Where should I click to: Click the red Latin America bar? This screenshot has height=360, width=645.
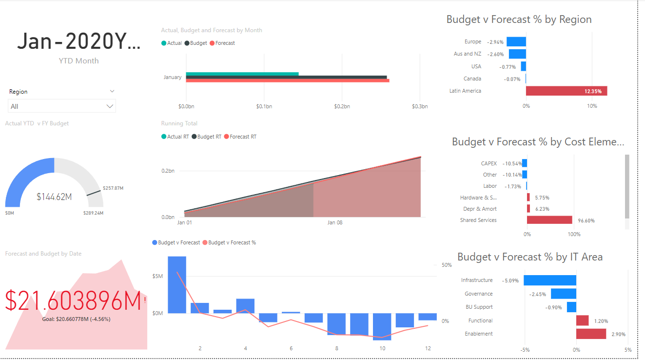566,91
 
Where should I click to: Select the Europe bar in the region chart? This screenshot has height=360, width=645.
516,42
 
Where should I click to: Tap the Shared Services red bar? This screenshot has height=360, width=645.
549,220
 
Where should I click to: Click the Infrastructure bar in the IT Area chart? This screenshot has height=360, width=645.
550,280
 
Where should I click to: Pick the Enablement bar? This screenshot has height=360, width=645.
591,334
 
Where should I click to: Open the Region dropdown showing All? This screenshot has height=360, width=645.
62,106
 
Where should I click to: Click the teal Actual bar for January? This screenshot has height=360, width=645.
242,74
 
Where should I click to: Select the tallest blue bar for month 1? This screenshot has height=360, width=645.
177,285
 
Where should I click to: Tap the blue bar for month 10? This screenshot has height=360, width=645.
382,326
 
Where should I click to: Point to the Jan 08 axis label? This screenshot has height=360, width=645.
335,222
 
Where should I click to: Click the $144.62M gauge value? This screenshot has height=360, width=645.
54,197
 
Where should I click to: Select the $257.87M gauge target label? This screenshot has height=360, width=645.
113,188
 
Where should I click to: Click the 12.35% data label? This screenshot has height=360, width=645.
593,91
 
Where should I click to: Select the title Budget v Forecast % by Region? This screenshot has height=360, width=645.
519,20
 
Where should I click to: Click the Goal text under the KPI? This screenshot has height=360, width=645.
76,319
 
